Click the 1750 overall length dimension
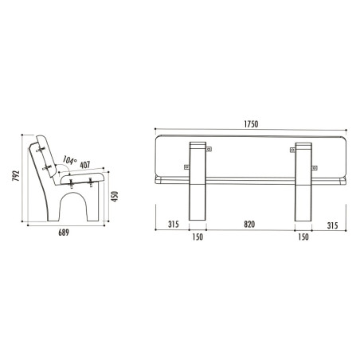click(251, 124)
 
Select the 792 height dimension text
click(16, 175)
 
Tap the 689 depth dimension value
click(64, 233)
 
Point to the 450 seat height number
click(115, 196)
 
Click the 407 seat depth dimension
click(85, 165)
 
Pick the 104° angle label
click(69, 160)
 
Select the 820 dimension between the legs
click(249, 225)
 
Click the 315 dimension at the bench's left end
click(174, 225)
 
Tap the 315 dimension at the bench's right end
click(332, 225)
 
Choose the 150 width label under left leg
click(198, 237)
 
